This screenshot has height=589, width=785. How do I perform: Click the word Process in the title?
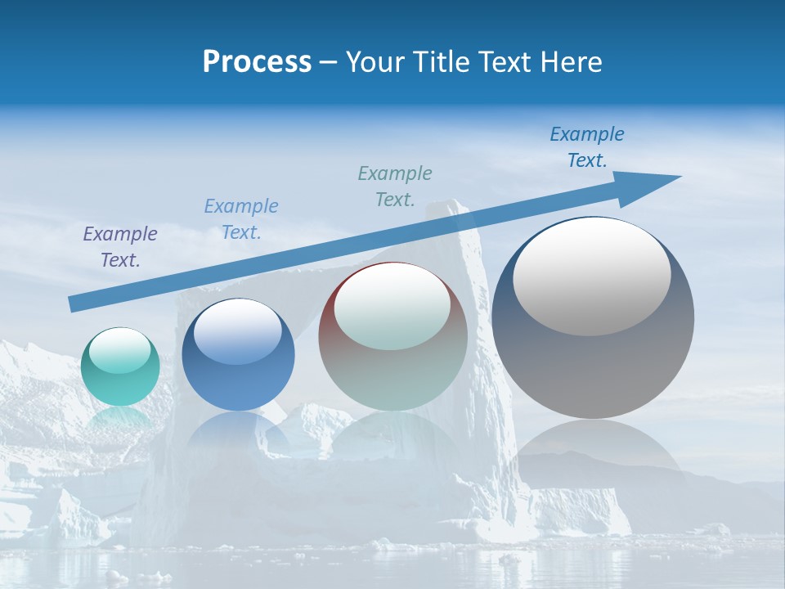[x=257, y=62]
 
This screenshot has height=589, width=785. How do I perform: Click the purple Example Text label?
[x=120, y=246]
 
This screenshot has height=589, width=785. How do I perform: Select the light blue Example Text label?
[x=241, y=218]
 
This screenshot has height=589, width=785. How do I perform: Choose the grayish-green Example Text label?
[x=395, y=186]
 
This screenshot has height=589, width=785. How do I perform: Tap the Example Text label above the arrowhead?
[x=587, y=146]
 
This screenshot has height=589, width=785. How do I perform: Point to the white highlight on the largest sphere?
[x=591, y=277]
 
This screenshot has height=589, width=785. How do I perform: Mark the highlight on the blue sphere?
[x=237, y=331]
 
